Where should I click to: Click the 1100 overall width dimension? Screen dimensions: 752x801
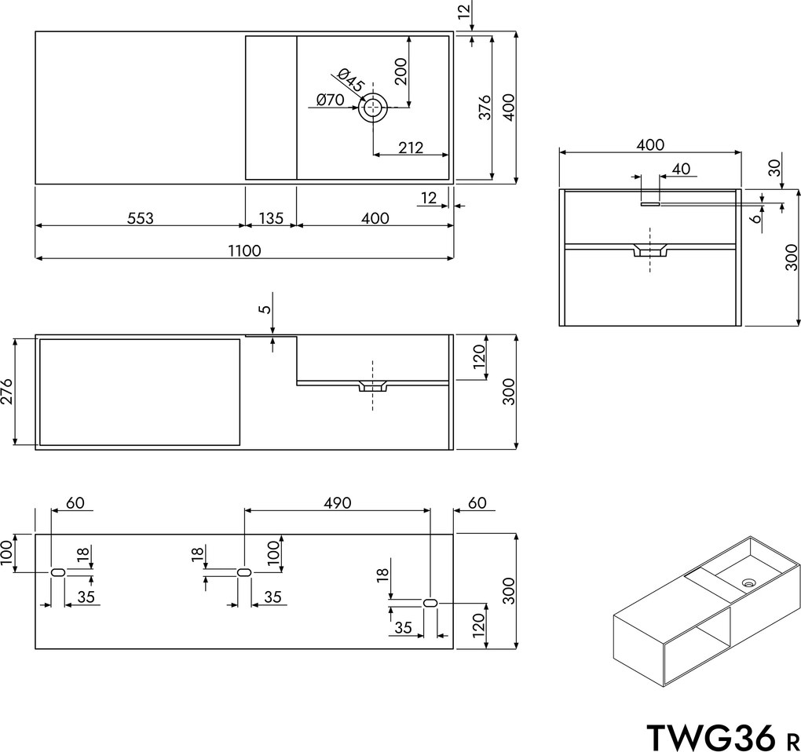point(245,250)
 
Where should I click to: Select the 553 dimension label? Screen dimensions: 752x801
point(141,218)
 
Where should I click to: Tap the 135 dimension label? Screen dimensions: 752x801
point(270,218)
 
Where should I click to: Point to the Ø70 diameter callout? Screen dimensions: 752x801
point(331,100)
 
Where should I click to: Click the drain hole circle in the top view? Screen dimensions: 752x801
point(373,108)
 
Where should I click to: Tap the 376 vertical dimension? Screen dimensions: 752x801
point(485,108)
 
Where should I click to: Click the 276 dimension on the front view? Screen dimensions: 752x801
point(7,391)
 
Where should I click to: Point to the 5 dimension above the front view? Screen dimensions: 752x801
point(265,308)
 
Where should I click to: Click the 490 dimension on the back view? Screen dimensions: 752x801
point(338,502)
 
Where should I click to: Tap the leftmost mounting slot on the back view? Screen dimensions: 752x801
point(57,573)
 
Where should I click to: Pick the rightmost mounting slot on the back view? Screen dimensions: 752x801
point(430,603)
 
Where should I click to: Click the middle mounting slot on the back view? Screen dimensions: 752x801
point(243,573)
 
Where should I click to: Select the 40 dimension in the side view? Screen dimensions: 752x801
point(681,168)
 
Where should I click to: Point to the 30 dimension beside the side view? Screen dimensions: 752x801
point(774,168)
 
